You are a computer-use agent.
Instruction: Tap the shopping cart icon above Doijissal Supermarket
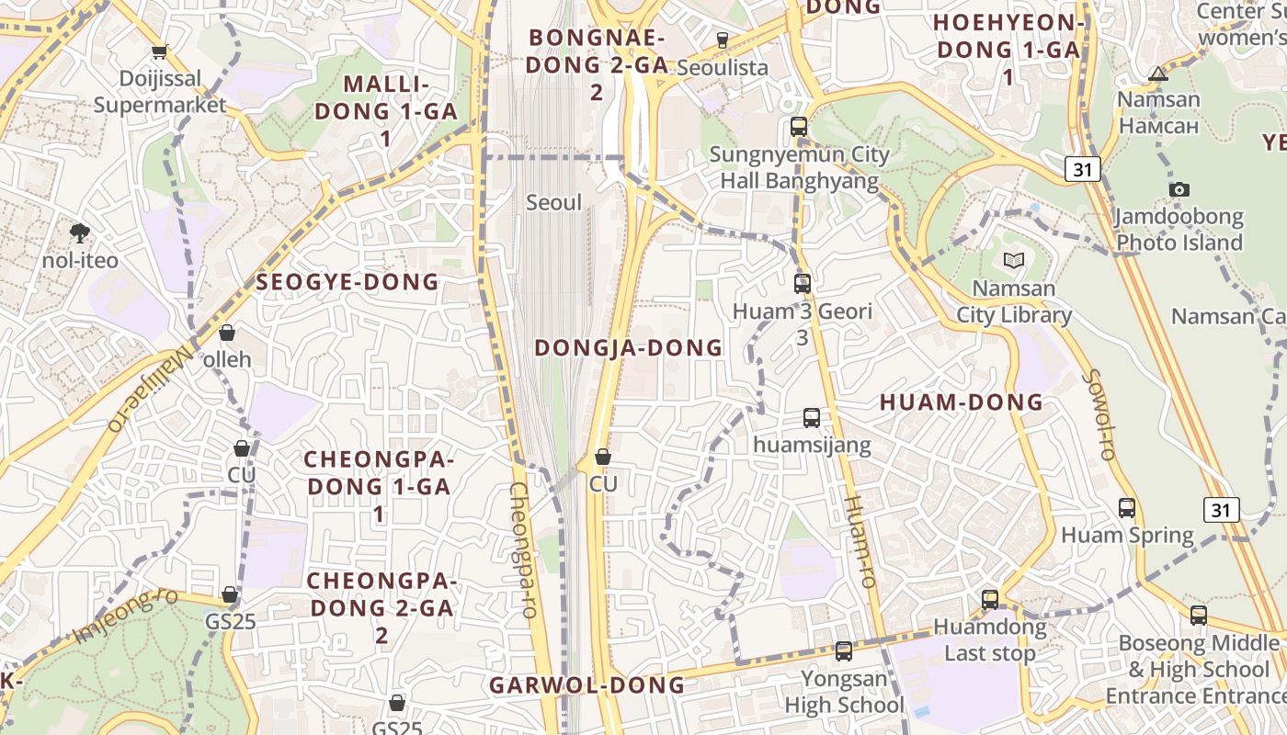pos(160,52)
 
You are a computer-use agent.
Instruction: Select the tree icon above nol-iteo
pos(80,233)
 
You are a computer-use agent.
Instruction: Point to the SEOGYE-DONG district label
pos(347,282)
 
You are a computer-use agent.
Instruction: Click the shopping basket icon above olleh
pos(226,333)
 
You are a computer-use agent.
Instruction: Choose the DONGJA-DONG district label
pos(629,347)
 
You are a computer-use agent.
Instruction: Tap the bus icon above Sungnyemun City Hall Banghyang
pos(799,127)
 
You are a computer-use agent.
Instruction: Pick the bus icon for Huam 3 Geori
pos(803,284)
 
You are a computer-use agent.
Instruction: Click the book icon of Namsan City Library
pos(1014,261)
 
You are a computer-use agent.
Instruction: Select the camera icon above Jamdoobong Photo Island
pos(1179,190)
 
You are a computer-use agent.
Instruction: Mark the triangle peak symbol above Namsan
pos(1158,73)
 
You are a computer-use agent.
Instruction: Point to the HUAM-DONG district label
pos(962,402)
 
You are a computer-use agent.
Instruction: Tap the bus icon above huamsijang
pos(812,418)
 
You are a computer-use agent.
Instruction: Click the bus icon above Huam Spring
pos(1127,507)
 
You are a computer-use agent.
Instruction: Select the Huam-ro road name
pos(859,541)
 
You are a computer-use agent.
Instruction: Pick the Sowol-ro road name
pos(1098,414)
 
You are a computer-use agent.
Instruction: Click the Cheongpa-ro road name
pos(522,548)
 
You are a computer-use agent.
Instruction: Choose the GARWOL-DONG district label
pos(587,685)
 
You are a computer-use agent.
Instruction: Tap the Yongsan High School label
pos(844,693)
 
